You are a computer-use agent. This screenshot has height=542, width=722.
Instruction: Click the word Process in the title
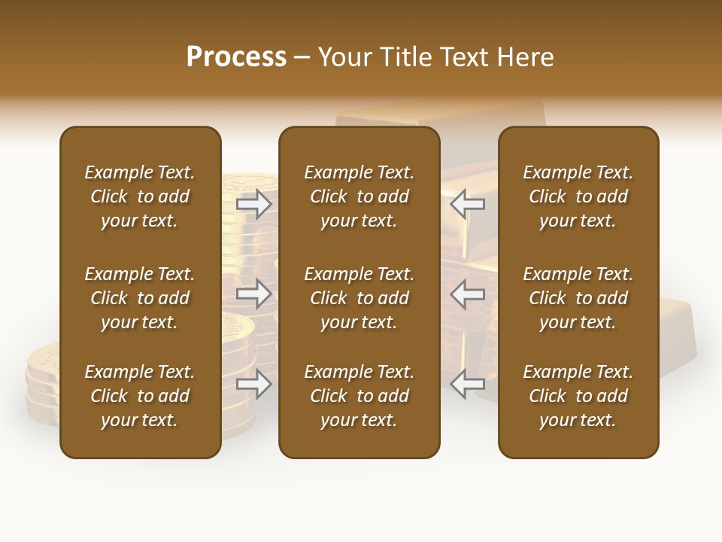(x=236, y=57)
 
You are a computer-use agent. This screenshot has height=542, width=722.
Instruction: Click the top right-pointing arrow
(x=253, y=203)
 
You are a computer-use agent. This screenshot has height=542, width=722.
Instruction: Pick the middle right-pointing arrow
(x=253, y=294)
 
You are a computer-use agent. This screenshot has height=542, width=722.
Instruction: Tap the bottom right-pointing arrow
(x=253, y=384)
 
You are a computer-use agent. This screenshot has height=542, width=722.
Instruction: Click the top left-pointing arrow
(x=467, y=203)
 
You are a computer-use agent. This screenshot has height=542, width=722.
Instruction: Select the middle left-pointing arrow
(x=467, y=294)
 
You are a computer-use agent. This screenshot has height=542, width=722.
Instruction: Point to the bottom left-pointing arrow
(x=467, y=384)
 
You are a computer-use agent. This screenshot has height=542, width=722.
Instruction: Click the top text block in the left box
(x=140, y=196)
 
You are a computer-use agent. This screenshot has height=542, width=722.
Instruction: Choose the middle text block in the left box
(x=140, y=298)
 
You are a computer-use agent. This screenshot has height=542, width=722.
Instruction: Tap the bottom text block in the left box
(x=140, y=396)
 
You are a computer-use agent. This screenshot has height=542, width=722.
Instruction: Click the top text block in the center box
(x=359, y=196)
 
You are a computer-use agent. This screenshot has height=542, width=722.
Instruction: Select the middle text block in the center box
(x=359, y=298)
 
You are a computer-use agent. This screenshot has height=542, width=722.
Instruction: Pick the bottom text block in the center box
(x=359, y=396)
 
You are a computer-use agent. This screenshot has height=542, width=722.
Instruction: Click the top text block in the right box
(x=578, y=196)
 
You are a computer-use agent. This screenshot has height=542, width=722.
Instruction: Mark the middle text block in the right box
(x=578, y=298)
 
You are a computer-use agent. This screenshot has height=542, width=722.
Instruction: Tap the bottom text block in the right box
(x=578, y=396)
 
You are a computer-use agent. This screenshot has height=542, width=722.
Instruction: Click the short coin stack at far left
(x=42, y=384)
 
